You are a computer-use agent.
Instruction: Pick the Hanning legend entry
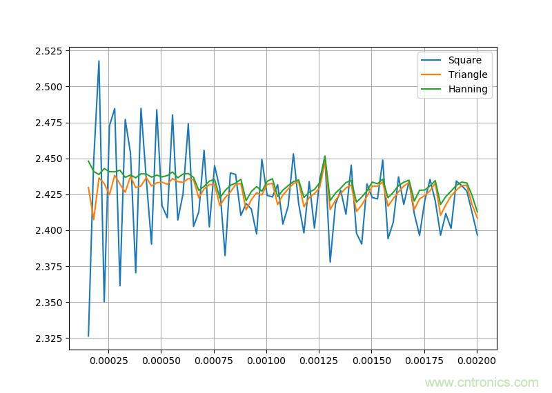point(468,89)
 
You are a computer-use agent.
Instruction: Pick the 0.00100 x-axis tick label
point(266,361)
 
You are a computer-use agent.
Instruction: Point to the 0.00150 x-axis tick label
point(372,361)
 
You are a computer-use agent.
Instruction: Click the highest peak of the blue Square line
point(99,61)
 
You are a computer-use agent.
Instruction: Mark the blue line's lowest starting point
point(88,336)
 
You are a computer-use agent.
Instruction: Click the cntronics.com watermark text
point(482,382)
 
